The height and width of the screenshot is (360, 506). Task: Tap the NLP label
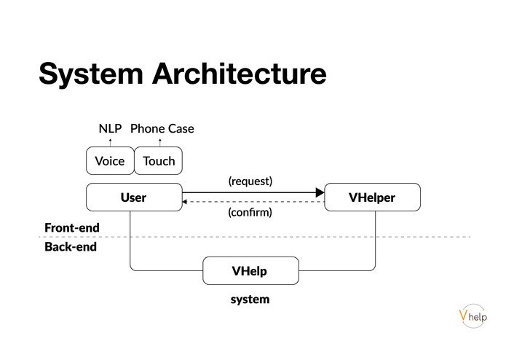pyautogui.click(x=110, y=129)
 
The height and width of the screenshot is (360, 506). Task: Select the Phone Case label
pyautogui.click(x=162, y=129)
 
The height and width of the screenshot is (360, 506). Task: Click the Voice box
pyautogui.click(x=110, y=161)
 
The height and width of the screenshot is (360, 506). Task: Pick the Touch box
pyautogui.click(x=159, y=161)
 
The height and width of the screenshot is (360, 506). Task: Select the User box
pyautogui.click(x=134, y=197)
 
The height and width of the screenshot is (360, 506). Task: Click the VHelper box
pyautogui.click(x=372, y=197)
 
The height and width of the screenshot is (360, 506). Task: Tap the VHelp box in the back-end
pyautogui.click(x=250, y=271)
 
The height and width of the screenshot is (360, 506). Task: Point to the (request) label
pyautogui.click(x=250, y=181)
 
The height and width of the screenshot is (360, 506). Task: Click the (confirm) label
pyautogui.click(x=250, y=213)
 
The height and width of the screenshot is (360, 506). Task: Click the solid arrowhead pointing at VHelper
pyautogui.click(x=320, y=192)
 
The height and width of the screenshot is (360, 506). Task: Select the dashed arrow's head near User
pyautogui.click(x=186, y=202)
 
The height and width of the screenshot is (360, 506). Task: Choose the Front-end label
pyautogui.click(x=72, y=228)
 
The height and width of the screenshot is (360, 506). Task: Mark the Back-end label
pyautogui.click(x=71, y=247)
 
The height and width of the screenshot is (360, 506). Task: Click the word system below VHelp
pyautogui.click(x=250, y=299)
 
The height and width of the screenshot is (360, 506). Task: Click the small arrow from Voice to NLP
pyautogui.click(x=110, y=142)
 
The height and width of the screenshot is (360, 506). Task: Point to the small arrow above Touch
pyautogui.click(x=159, y=142)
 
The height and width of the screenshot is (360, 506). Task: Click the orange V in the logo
pyautogui.click(x=464, y=314)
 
